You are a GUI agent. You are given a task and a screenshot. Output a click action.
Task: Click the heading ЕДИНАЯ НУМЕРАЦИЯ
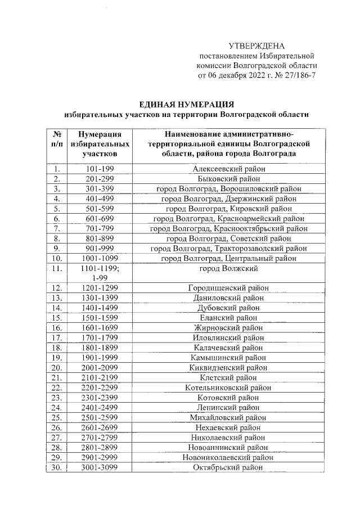point(186,104)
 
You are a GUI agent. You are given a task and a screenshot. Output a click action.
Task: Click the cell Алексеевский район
point(228,169)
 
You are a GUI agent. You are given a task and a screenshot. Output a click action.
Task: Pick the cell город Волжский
point(228,269)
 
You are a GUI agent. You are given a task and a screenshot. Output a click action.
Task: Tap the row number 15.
point(56,318)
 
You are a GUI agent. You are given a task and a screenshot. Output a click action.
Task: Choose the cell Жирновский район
point(228,328)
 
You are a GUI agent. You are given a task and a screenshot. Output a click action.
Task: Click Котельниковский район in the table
point(228,388)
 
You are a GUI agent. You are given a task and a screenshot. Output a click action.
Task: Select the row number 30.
point(56,467)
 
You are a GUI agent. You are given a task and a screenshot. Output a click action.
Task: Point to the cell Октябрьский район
point(228,467)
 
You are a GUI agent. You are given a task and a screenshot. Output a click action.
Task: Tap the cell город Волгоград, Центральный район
point(228,258)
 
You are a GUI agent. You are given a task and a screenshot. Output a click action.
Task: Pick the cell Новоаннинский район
point(228,447)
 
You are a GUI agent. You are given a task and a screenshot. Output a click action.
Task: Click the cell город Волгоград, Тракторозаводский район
point(228,248)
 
